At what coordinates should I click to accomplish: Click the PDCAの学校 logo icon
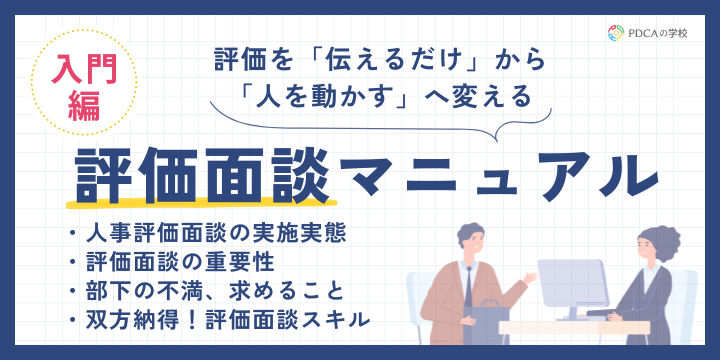coord(616,32)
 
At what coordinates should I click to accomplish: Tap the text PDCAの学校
coord(660,32)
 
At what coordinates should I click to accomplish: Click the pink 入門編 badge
coord(78,88)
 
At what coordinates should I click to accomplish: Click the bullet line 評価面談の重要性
coord(186,264)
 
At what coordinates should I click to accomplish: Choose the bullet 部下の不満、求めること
coord(210,292)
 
